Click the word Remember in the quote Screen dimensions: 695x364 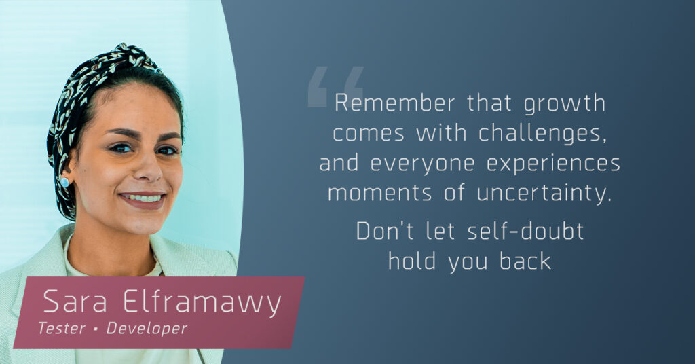pos(394,103)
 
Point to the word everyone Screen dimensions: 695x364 pos(422,165)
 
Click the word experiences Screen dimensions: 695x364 pos(553,165)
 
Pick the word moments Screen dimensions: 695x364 pos(379,194)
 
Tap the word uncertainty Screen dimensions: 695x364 pos(544,194)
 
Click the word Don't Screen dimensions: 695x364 pos(385,231)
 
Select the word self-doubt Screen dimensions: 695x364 pos(525,231)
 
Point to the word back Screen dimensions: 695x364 pos(525,261)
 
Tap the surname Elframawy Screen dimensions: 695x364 pos(202,304)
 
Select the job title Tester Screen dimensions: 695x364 pos(61,329)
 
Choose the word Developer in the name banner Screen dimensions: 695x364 pos(147,329)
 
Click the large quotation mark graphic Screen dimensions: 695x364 pos(335,86)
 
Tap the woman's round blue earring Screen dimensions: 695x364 pos(64,182)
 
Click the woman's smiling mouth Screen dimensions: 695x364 pos(143,200)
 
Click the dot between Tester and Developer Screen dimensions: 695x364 pos(95,329)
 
